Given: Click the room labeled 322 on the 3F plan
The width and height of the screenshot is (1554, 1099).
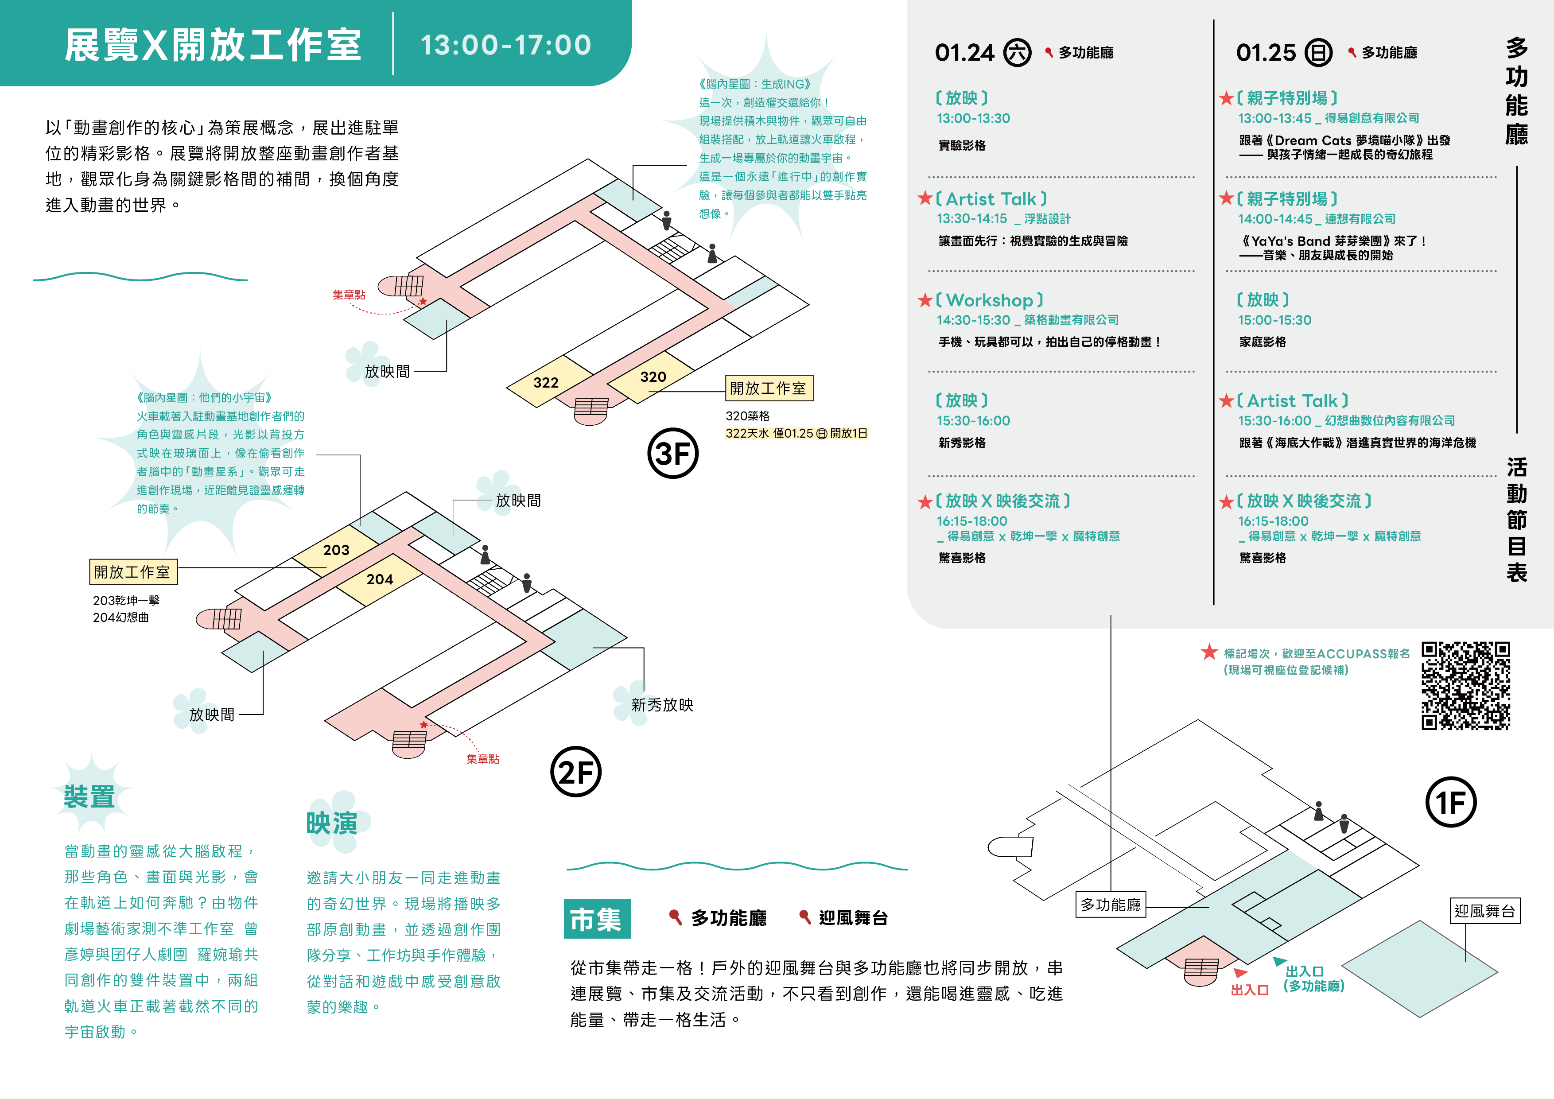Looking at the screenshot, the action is (x=548, y=382).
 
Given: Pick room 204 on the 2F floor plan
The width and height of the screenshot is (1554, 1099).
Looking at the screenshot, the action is (x=380, y=579).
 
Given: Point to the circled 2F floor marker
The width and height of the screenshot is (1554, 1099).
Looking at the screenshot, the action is (x=576, y=772).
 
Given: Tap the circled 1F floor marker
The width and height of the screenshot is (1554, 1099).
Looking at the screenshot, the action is (x=1451, y=803).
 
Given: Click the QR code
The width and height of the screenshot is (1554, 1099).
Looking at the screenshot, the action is (x=1466, y=686).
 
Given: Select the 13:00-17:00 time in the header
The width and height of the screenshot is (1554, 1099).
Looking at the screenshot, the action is (x=505, y=45).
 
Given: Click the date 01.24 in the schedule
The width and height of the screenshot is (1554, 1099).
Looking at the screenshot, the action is (x=964, y=53).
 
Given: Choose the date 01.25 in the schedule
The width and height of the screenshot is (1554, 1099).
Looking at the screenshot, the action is (x=1266, y=53).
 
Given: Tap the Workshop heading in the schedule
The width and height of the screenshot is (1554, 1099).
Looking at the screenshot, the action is (x=990, y=300).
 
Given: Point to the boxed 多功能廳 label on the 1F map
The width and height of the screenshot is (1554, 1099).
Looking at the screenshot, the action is (x=1111, y=905).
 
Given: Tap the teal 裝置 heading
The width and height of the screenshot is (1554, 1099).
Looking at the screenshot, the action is (x=89, y=796).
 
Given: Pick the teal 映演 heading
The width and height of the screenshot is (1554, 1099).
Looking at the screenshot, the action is (x=332, y=823).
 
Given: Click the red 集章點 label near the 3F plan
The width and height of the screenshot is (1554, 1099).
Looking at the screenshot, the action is (x=349, y=295).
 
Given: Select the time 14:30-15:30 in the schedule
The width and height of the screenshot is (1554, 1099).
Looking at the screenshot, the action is (x=973, y=320).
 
